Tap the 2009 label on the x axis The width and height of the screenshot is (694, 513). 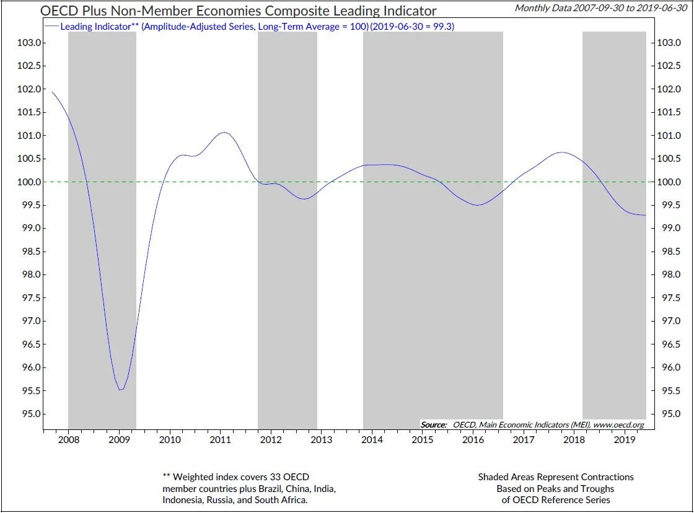point(118,440)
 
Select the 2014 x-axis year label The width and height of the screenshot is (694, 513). point(372,440)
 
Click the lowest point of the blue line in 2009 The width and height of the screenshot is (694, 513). point(121,390)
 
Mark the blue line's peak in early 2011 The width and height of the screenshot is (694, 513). point(224,133)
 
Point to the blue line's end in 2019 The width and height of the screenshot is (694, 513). point(646,215)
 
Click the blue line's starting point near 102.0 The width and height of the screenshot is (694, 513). point(51,92)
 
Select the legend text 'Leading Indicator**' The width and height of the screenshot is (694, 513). point(99,27)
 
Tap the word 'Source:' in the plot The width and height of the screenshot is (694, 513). point(434,424)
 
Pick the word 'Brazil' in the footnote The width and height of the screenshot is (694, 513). point(253,488)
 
